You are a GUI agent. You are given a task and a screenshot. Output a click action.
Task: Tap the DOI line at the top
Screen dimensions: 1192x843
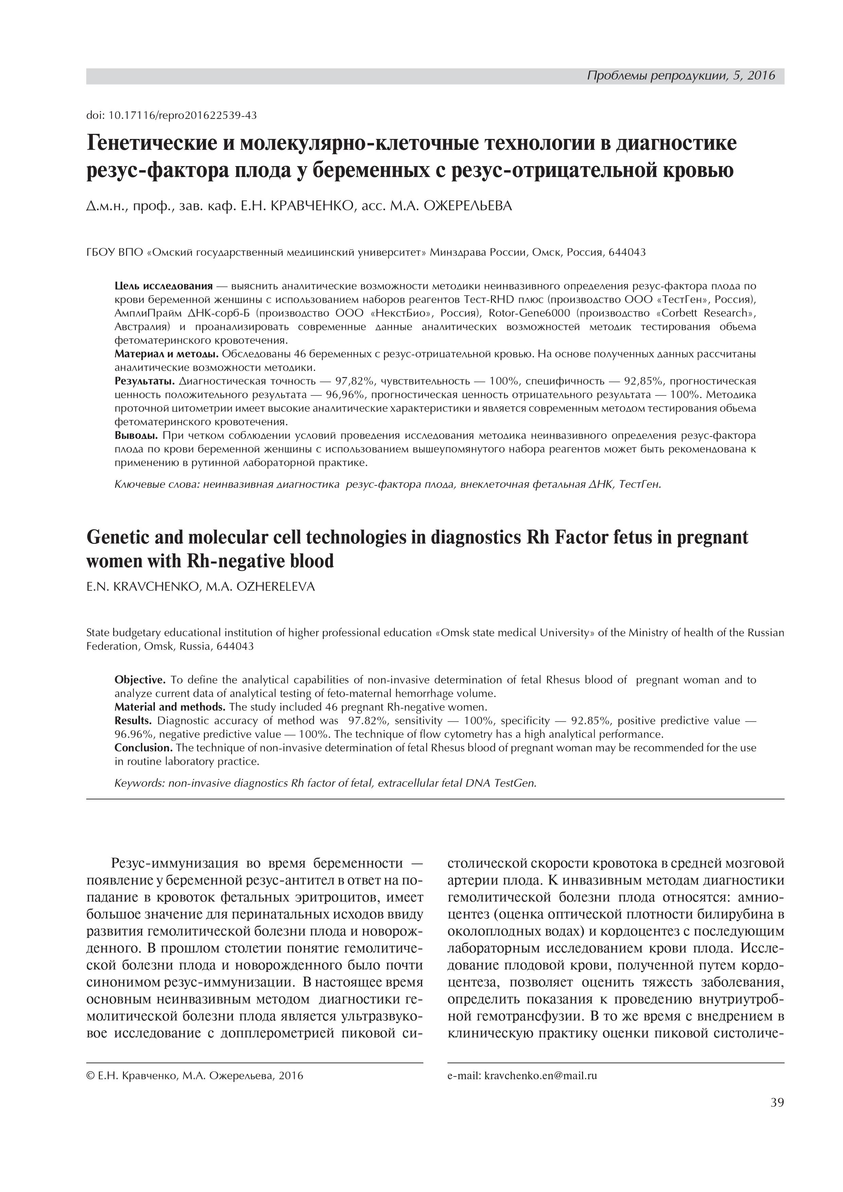171,115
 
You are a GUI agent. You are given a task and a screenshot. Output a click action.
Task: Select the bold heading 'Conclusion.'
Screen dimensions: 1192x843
143,748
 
